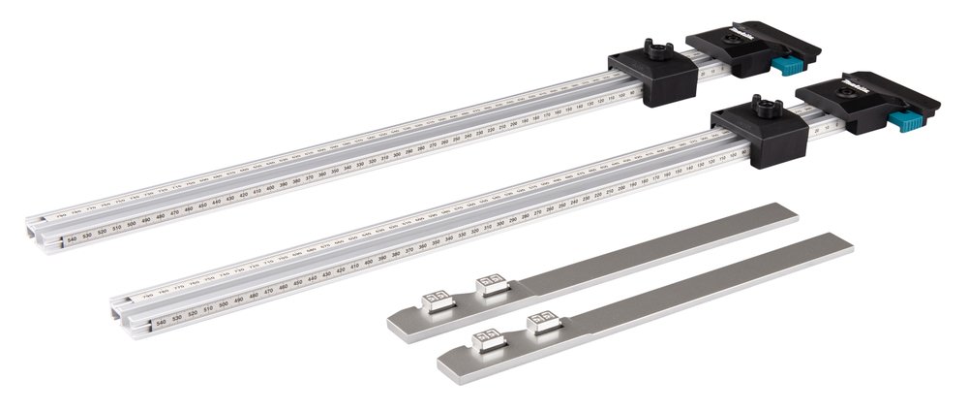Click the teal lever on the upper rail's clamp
click(x=789, y=66)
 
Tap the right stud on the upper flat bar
click(x=489, y=284)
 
